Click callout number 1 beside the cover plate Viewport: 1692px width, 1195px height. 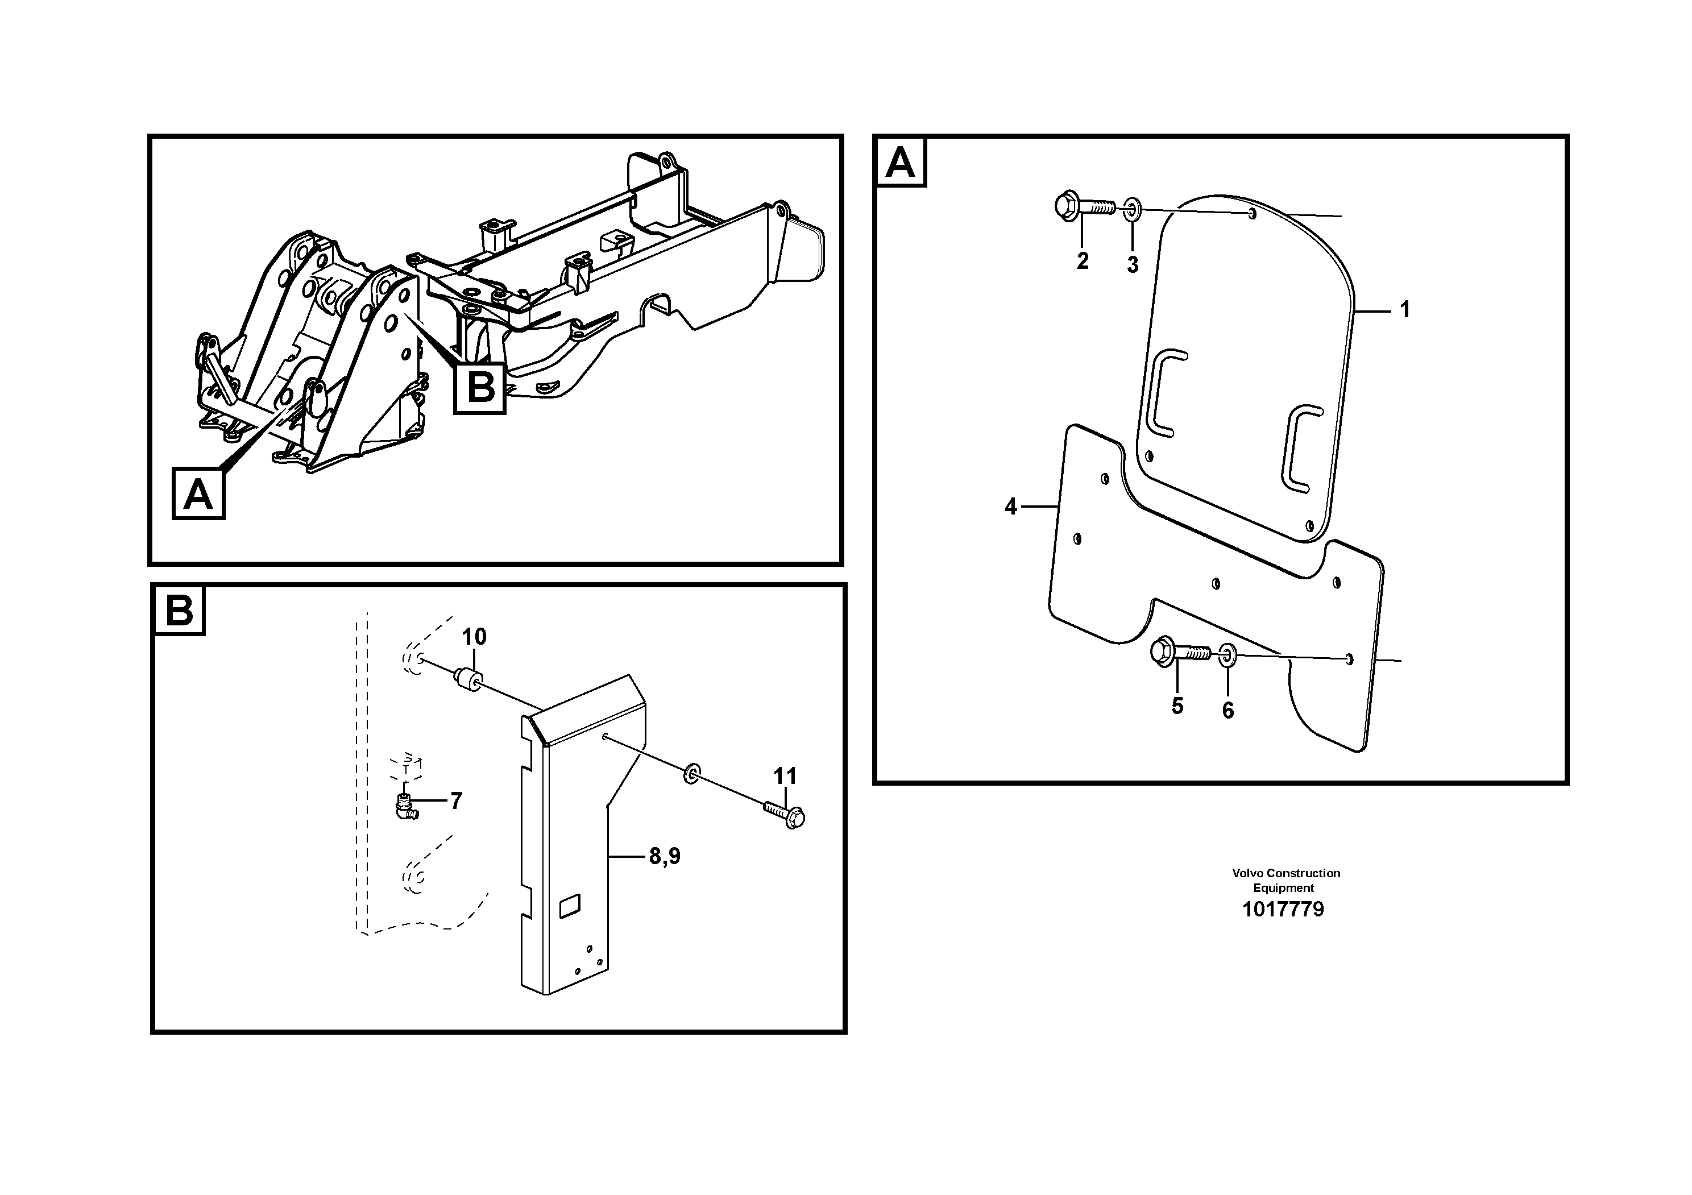click(x=1404, y=309)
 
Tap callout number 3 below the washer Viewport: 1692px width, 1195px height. click(x=1133, y=264)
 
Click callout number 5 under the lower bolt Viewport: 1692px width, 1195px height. click(x=1177, y=706)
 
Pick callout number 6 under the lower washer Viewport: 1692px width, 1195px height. click(x=1227, y=710)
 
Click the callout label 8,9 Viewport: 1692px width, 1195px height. click(x=665, y=856)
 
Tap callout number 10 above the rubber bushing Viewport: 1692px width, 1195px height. click(x=474, y=637)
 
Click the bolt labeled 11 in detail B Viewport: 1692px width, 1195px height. click(x=786, y=815)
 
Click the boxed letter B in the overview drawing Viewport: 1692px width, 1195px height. click(x=480, y=388)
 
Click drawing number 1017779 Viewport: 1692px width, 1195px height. click(x=1283, y=909)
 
